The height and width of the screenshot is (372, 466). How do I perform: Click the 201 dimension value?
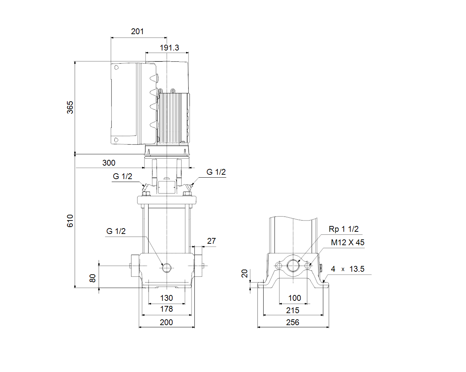137,32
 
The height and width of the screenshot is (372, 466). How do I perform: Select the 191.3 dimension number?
169,48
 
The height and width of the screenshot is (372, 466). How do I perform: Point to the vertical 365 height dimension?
70,108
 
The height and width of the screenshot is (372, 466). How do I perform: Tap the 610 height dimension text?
70,221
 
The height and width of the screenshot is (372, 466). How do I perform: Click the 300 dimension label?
109,163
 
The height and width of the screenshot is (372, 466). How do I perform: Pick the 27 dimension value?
212,241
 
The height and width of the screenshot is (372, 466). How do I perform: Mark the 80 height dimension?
92,278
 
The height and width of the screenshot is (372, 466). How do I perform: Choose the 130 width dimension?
166,298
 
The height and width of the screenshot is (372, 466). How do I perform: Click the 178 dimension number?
166,309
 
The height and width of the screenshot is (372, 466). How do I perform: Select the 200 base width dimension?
166,323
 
